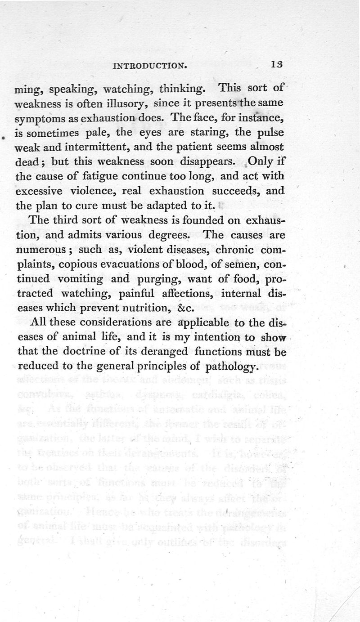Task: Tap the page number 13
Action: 277,65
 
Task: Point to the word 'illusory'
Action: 126,105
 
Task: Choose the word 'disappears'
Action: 200,161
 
